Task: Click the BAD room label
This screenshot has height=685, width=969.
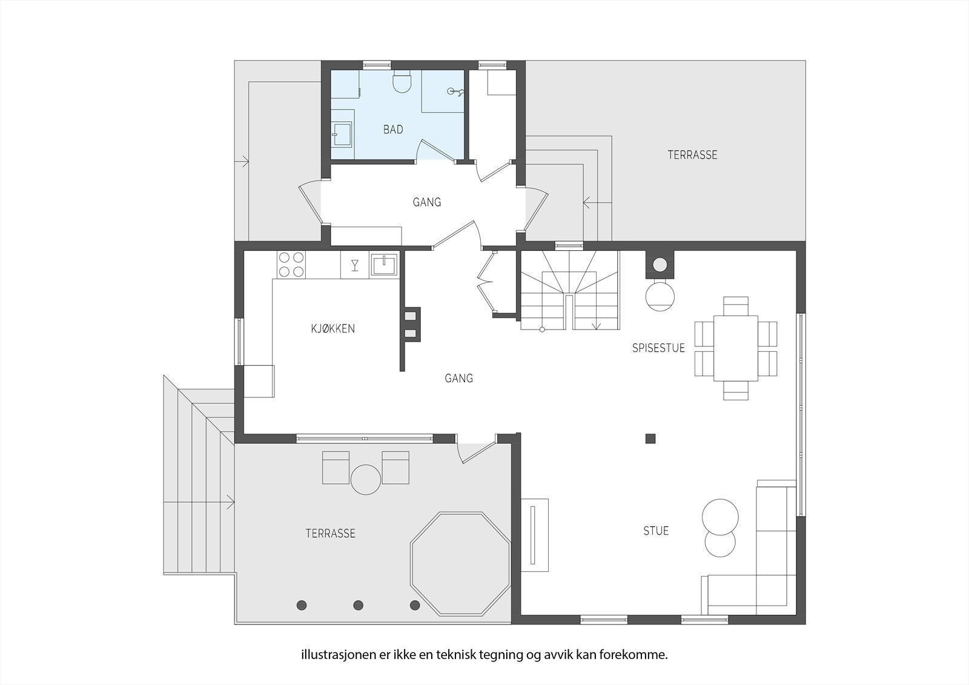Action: click(x=393, y=130)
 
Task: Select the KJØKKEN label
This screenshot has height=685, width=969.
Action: click(x=332, y=328)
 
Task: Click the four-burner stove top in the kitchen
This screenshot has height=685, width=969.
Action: click(x=291, y=265)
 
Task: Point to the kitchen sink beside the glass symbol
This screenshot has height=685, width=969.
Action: click(x=384, y=265)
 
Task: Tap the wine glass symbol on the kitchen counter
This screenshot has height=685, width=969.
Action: click(x=355, y=265)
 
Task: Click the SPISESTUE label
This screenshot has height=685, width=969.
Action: click(x=658, y=348)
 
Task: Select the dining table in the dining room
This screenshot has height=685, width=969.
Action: click(x=735, y=348)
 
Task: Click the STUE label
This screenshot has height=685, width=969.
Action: click(x=656, y=531)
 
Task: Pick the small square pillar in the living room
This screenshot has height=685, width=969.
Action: click(x=650, y=438)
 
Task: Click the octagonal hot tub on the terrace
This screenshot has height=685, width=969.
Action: click(x=460, y=564)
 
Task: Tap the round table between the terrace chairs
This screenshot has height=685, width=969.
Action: click(x=366, y=480)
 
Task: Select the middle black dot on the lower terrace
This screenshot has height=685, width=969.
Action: click(x=358, y=605)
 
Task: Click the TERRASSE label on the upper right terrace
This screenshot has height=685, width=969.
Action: click(x=692, y=155)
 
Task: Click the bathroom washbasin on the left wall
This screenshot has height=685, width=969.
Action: click(x=342, y=134)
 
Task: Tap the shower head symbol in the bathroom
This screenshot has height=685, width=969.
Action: click(x=455, y=91)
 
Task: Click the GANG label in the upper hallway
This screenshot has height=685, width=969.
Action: click(x=426, y=202)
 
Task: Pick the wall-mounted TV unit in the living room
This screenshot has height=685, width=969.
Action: click(x=535, y=535)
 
